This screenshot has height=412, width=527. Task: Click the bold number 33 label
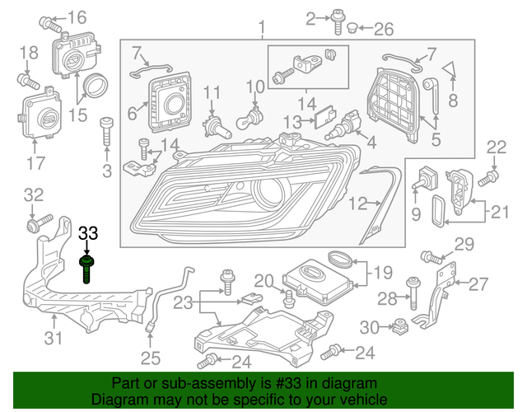[88, 234]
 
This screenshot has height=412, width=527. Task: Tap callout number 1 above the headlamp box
[263, 29]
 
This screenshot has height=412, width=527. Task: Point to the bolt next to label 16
[48, 19]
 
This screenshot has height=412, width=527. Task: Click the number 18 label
[28, 54]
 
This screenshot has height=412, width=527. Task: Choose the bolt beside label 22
[487, 176]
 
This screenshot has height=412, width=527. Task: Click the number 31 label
[53, 338]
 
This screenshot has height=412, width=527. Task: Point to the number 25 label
[149, 358]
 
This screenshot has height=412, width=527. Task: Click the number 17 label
[35, 163]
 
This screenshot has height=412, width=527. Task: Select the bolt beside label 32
[38, 223]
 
